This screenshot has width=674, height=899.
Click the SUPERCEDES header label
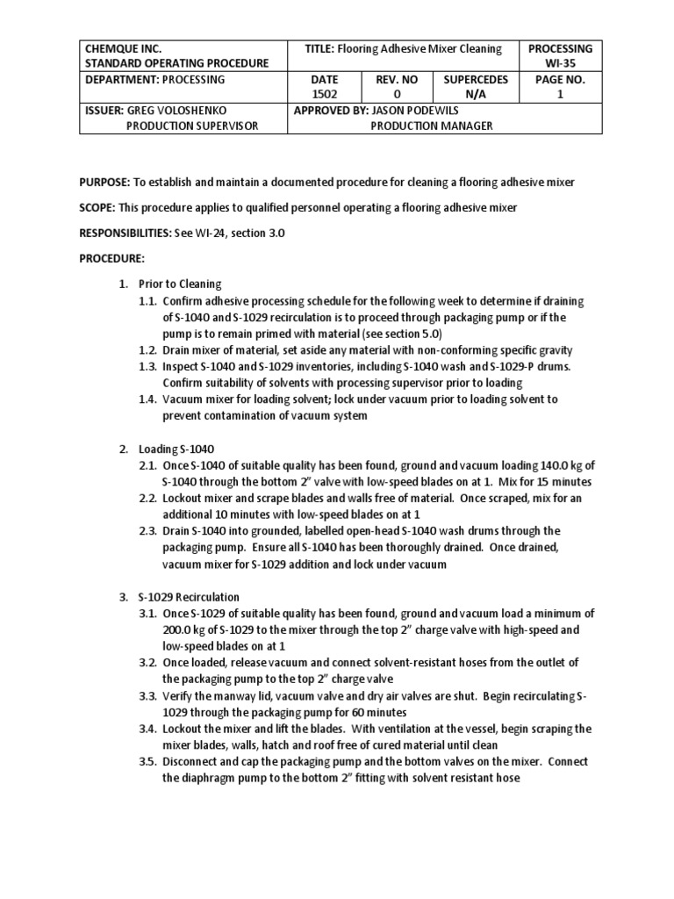click(476, 79)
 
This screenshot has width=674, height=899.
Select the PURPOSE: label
click(104, 182)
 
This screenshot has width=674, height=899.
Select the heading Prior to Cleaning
click(180, 284)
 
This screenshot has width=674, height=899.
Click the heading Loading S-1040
click(176, 449)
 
